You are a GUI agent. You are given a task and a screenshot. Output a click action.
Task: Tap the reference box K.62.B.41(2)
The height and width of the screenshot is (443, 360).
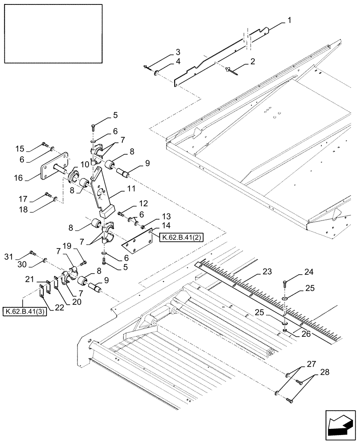click(x=176, y=237)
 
